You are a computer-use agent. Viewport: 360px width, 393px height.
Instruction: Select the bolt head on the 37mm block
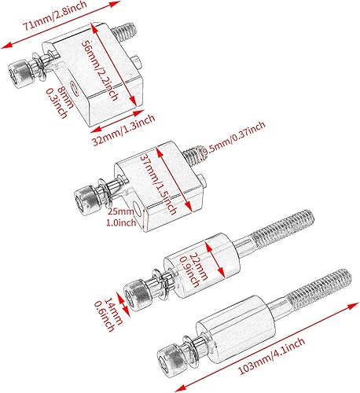(86, 196)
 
